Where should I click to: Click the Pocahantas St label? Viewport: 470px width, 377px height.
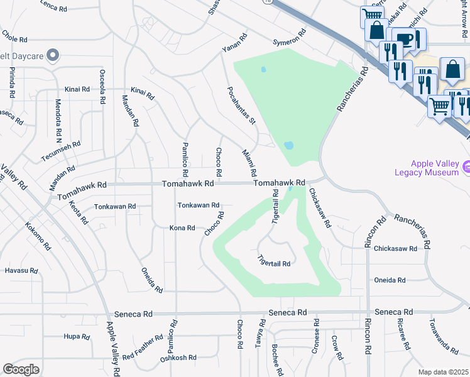pos(241,102)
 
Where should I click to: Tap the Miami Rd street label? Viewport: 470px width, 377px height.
pos(249,163)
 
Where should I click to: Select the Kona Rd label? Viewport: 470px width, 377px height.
pos(182,227)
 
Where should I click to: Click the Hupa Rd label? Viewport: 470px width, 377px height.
pos(77,336)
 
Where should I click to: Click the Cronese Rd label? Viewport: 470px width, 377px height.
pos(316,340)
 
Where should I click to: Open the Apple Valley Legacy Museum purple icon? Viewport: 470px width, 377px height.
pos(467,167)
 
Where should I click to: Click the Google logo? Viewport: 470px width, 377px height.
pos(21,369)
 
